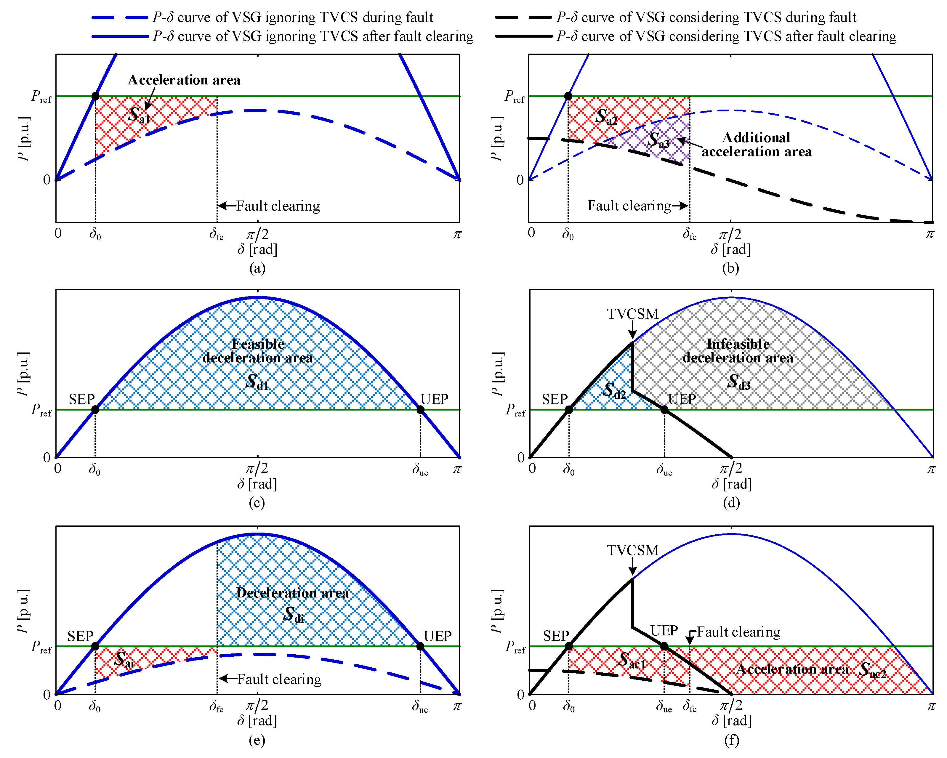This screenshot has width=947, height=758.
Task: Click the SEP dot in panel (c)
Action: [95, 410]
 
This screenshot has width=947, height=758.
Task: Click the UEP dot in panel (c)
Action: [420, 410]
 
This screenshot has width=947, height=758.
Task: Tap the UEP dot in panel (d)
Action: [664, 410]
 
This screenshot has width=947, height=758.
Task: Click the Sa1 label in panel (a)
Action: [139, 115]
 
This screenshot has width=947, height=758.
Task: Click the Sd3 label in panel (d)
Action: [739, 382]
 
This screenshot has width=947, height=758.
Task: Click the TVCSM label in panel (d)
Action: [633, 314]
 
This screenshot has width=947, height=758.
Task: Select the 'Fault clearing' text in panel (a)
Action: [278, 206]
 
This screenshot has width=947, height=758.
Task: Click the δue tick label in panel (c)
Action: [420, 469]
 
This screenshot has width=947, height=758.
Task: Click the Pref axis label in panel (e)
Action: [41, 647]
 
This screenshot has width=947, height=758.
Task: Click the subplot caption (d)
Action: [731, 502]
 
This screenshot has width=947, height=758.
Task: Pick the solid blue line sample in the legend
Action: [120, 36]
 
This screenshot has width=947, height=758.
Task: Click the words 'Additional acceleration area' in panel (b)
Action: [756, 145]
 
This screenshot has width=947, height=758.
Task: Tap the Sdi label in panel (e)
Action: [294, 614]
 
